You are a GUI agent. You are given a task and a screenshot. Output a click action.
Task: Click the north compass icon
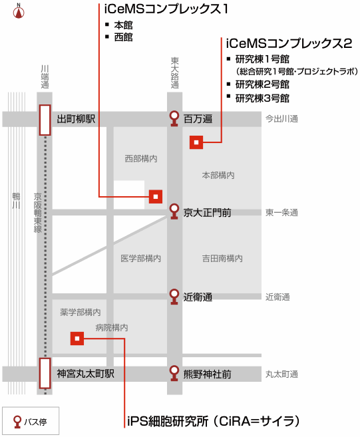[x=19, y=12]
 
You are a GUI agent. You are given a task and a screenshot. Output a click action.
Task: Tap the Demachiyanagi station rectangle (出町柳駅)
[x=45, y=120]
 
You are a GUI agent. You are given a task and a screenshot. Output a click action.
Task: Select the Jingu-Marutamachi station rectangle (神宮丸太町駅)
[x=45, y=373]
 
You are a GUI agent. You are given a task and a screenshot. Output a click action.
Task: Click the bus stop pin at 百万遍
[x=174, y=118]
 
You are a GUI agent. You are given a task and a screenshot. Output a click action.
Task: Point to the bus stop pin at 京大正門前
[x=174, y=212]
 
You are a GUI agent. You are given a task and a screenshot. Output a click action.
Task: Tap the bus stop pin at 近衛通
[x=174, y=297]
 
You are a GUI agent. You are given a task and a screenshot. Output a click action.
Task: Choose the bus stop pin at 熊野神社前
[x=174, y=373]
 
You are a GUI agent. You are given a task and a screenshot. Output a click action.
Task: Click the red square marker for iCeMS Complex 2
[x=196, y=142]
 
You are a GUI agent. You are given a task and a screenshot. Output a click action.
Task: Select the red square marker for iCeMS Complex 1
[x=156, y=197]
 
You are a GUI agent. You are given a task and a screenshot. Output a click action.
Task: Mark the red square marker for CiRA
[x=77, y=339]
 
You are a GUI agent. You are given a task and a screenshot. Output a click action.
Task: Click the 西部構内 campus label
[x=141, y=159]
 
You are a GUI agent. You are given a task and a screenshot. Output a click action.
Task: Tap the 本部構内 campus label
[x=218, y=176]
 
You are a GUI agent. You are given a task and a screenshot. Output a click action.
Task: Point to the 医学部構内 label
[x=141, y=258]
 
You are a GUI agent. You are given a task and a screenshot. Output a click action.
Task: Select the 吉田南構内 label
[x=222, y=258]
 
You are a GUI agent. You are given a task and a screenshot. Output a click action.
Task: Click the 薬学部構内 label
[x=81, y=312]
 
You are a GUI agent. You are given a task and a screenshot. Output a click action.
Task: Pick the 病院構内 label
[x=112, y=327]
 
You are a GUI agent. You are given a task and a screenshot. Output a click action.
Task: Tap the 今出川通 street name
[x=281, y=119]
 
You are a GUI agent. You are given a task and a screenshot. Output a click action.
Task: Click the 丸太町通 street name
[x=281, y=374]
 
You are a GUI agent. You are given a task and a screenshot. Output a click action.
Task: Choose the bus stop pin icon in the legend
[x=17, y=422]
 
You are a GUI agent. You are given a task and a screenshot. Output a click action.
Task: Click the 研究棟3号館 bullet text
[x=262, y=98]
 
